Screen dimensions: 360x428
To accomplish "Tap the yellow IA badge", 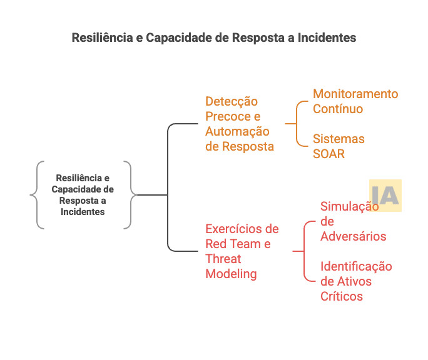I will pyautogui.click(x=385, y=196).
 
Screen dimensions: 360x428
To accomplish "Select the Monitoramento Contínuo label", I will pyautogui.click(x=355, y=101).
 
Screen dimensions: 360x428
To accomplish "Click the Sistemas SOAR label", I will pyautogui.click(x=339, y=146).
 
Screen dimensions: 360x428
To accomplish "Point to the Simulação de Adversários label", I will pyautogui.click(x=352, y=222).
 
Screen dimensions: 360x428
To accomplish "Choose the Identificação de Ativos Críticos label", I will pyautogui.click(x=356, y=281).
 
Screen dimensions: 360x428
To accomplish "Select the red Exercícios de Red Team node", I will pyautogui.click(x=242, y=251).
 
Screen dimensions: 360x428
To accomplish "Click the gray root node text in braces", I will pyautogui.click(x=83, y=194).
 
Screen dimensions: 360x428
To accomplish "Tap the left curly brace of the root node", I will pyautogui.click(x=36, y=195).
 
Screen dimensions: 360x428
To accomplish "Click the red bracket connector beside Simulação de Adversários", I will pyautogui.click(x=305, y=251).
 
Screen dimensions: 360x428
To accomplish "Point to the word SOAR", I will pyautogui.click(x=329, y=154).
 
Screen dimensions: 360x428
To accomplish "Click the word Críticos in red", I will pyautogui.click(x=342, y=296).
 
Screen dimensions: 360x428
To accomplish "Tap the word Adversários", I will pyautogui.click(x=353, y=236).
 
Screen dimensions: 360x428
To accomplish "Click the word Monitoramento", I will pyautogui.click(x=355, y=94).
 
